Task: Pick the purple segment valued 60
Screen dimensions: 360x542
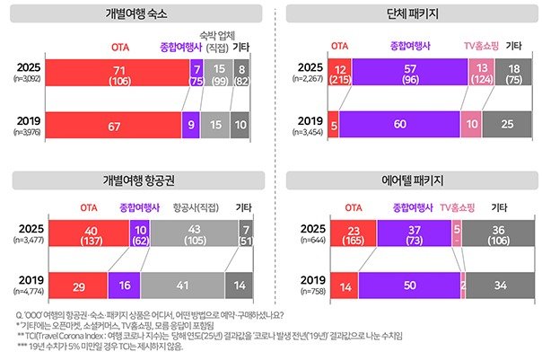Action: (x=399, y=125)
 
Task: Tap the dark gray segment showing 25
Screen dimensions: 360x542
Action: (x=509, y=125)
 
